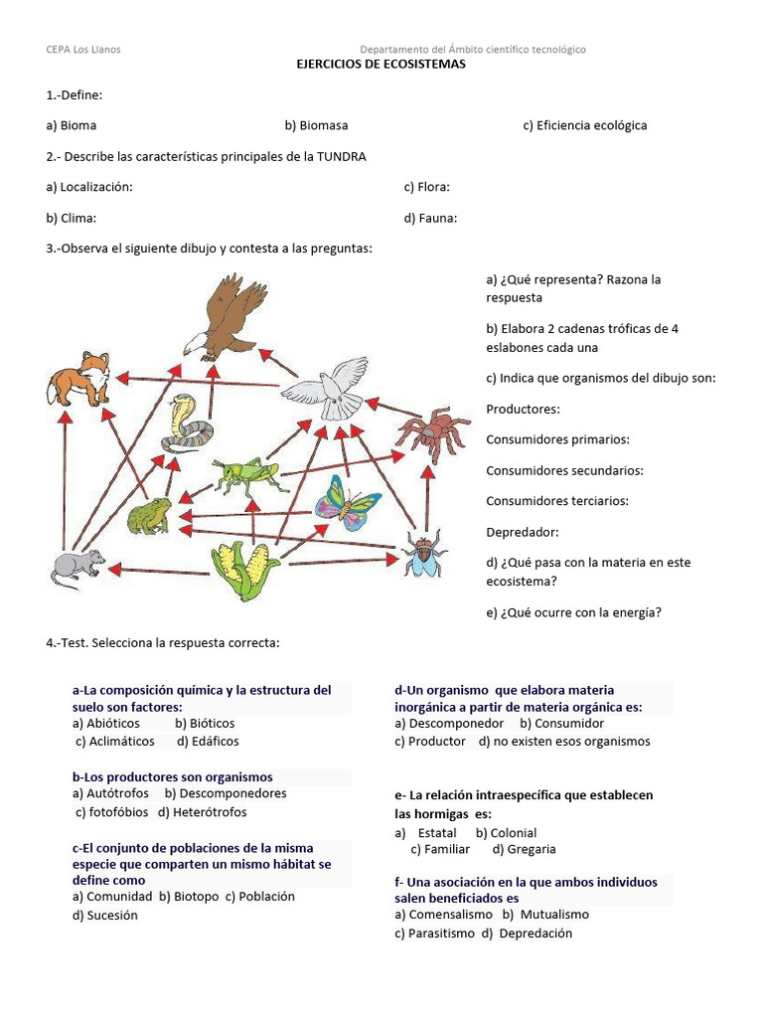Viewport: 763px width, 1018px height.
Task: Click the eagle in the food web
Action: (x=227, y=316)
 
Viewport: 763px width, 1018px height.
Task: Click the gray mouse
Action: (x=76, y=568)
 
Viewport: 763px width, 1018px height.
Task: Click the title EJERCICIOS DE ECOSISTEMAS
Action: (x=381, y=64)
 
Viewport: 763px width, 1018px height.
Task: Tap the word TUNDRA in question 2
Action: (x=341, y=157)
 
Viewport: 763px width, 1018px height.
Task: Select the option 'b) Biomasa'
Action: (x=316, y=125)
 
